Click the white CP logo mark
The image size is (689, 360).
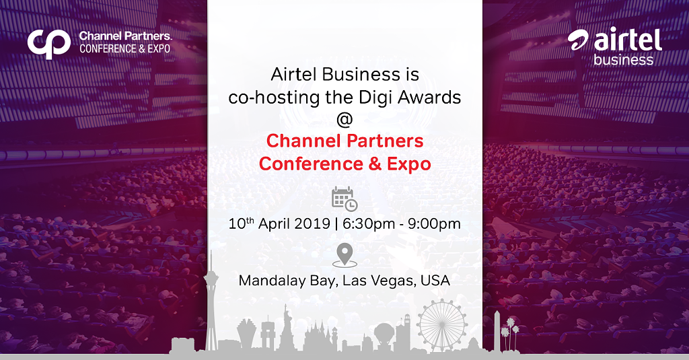coord(48,44)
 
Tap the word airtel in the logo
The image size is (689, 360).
coord(628,40)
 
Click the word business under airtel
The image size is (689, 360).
coord(623,60)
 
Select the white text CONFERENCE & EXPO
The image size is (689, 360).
coord(124,49)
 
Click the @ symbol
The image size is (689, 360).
coord(344,119)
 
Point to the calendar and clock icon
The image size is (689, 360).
coord(344,199)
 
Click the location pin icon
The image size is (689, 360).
coord(344,256)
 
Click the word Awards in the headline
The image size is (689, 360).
coord(429,97)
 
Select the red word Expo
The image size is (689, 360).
coord(408,164)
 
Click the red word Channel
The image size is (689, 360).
coord(303,141)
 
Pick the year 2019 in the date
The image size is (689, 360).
coord(312,223)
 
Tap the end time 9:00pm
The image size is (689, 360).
coord(434,224)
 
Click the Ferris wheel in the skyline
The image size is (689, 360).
coord(442,324)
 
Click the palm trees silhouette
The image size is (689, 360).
coord(511,333)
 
